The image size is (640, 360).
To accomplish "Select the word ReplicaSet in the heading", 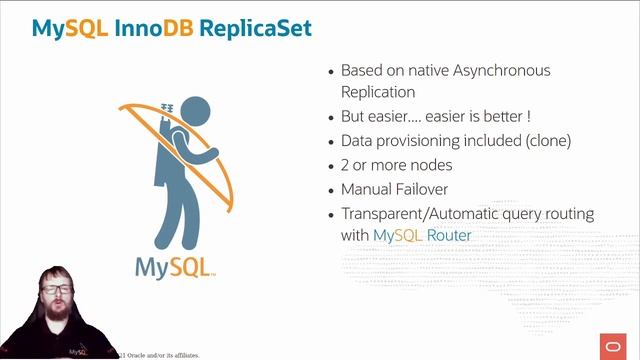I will (255, 27).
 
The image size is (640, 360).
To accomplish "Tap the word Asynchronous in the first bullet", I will (500, 71).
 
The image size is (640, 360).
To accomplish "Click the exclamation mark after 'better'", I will (528, 116).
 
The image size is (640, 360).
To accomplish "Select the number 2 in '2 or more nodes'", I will (346, 165).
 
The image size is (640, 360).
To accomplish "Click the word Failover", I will (419, 189).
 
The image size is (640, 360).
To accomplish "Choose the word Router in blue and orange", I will (450, 236).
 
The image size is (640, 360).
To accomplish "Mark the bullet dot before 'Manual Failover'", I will (331, 190).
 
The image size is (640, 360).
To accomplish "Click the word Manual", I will (366, 189).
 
